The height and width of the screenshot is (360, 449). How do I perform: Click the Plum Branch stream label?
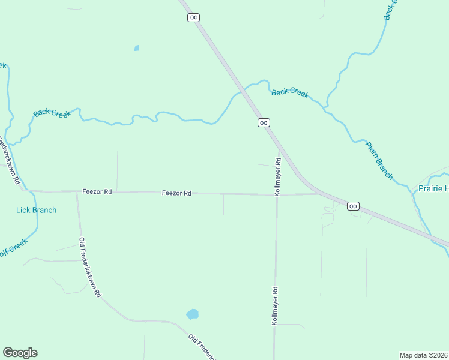379,161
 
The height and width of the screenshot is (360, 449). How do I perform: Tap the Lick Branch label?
36,210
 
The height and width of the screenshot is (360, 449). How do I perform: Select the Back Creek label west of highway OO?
52,112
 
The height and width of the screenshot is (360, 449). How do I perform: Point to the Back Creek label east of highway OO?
290,92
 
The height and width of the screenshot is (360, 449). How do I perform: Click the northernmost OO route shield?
193,17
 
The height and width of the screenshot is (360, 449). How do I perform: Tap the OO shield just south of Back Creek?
263,122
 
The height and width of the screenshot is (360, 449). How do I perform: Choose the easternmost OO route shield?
353,206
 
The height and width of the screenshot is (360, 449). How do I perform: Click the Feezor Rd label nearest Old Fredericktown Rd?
97,191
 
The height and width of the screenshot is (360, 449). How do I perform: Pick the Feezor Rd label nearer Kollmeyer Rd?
176,193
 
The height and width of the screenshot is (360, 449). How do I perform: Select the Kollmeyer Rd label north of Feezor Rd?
277,177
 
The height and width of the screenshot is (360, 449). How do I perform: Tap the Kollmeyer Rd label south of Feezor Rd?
275,305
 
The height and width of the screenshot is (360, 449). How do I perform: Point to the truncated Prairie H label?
432,189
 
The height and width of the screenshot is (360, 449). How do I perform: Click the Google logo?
20,353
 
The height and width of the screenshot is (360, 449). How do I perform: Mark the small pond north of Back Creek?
137,48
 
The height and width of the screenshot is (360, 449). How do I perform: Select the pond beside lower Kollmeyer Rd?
192,314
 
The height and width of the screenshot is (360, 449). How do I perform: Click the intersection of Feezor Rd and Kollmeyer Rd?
277,194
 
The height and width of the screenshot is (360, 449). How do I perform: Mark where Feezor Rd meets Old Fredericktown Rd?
77,192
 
